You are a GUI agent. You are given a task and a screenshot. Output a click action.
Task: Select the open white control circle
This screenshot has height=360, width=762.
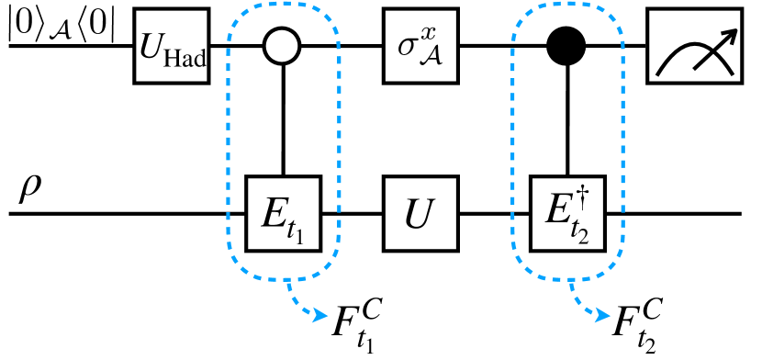click(x=283, y=43)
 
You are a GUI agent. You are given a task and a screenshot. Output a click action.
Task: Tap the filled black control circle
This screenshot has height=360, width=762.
click(x=567, y=43)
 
